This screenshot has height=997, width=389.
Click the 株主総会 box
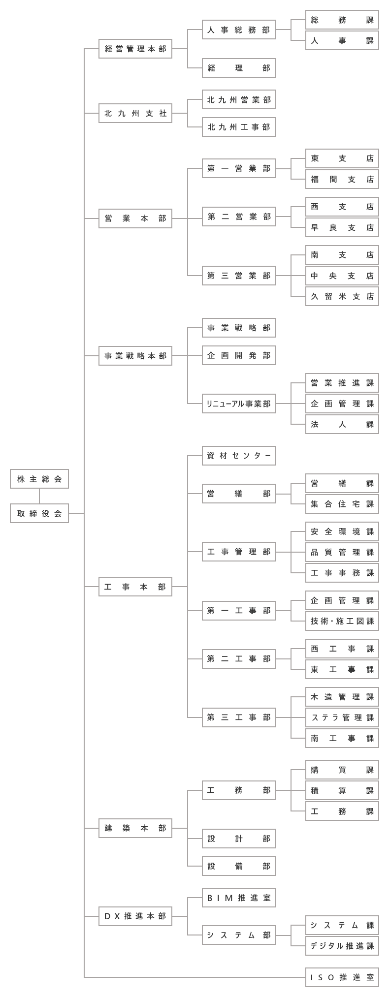point(39,479)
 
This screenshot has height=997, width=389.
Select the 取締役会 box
point(39,513)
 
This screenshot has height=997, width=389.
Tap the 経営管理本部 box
point(135,49)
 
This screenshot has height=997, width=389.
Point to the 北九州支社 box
point(135,113)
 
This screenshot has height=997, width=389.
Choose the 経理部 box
point(239,68)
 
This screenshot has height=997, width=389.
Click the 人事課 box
point(342,40)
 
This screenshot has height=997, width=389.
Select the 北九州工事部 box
point(239,127)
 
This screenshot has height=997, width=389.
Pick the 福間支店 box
point(342,179)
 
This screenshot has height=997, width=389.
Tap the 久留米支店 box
point(342,296)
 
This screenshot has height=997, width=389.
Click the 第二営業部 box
point(239,217)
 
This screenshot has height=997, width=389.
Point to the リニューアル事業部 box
point(239,404)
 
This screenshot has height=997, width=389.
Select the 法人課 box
point(342,424)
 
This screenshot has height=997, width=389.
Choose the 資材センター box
point(239,456)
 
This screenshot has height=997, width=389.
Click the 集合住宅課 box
point(342,504)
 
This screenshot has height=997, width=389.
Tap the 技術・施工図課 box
point(342,621)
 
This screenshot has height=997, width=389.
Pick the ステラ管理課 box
point(342,717)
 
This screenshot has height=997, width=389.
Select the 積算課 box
point(342,790)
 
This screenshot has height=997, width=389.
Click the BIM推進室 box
point(239,898)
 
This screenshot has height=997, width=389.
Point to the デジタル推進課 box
point(342,946)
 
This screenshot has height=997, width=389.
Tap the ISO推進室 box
point(342,977)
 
